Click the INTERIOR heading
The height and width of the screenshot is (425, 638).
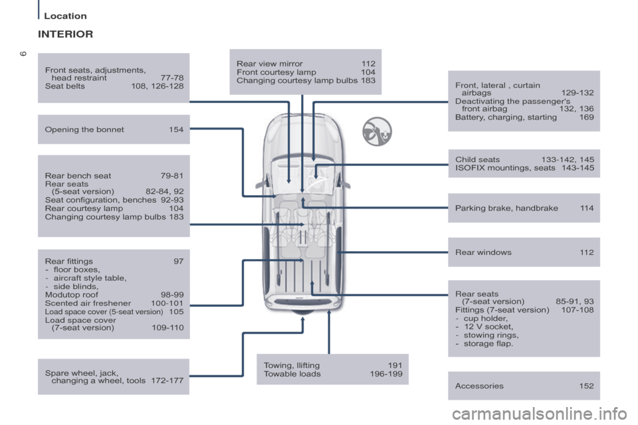(65, 34)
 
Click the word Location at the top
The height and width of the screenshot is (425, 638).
(65, 15)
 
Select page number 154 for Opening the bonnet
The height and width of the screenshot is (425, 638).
(176, 129)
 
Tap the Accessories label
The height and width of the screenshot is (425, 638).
(479, 386)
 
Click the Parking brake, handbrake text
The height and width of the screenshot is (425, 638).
(506, 208)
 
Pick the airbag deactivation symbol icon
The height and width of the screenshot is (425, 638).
(377, 131)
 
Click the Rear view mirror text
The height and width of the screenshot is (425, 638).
(269, 64)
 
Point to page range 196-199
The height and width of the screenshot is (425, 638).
(385, 374)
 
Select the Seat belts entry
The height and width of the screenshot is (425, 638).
(64, 86)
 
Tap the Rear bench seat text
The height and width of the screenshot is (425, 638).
(78, 176)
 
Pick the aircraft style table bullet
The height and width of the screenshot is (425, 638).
(89, 278)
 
